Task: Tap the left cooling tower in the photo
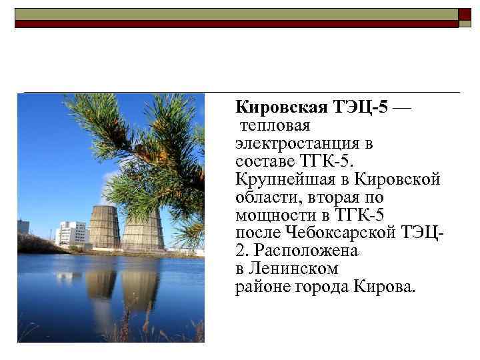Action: click(x=104, y=227)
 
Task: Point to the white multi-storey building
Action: click(x=72, y=233)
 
